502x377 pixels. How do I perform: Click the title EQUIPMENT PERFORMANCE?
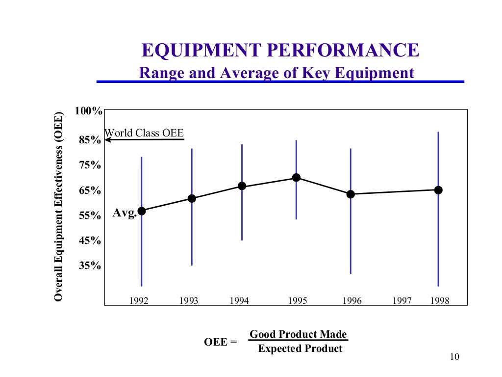pyautogui.click(x=280, y=51)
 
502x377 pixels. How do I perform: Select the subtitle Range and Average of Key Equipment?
pyautogui.click(x=277, y=73)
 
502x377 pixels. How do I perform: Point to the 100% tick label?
pyautogui.click(x=88, y=111)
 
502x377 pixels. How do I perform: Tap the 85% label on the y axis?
pyautogui.click(x=90, y=140)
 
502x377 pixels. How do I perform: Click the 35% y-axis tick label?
pyautogui.click(x=90, y=266)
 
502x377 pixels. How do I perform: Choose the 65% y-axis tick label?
pyautogui.click(x=90, y=191)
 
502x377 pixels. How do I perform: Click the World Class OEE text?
pyautogui.click(x=145, y=133)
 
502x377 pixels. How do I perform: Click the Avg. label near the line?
pyautogui.click(x=125, y=213)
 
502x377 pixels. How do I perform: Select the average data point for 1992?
pyautogui.click(x=142, y=211)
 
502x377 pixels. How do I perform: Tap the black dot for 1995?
pyautogui.click(x=296, y=178)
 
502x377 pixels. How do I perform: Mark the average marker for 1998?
pyautogui.click(x=438, y=190)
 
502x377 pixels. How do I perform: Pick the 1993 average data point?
pyautogui.click(x=192, y=198)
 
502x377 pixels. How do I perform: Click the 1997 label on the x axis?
pyautogui.click(x=402, y=301)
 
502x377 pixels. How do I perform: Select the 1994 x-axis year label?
pyautogui.click(x=239, y=301)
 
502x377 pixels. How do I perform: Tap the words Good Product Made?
pyautogui.click(x=298, y=334)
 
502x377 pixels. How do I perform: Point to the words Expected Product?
pyautogui.click(x=300, y=349)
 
